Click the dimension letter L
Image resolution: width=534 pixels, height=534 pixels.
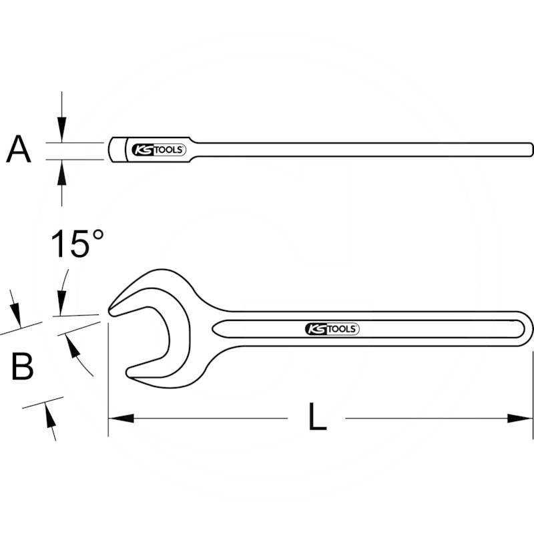click(318, 418)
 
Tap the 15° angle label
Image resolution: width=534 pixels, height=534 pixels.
click(77, 244)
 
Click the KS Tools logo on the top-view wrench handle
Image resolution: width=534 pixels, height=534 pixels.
click(332, 328)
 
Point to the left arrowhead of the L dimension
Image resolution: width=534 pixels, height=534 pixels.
click(120, 419)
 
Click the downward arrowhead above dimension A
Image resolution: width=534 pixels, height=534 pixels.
click(62, 130)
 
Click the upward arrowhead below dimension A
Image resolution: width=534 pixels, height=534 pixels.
click(62, 172)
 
